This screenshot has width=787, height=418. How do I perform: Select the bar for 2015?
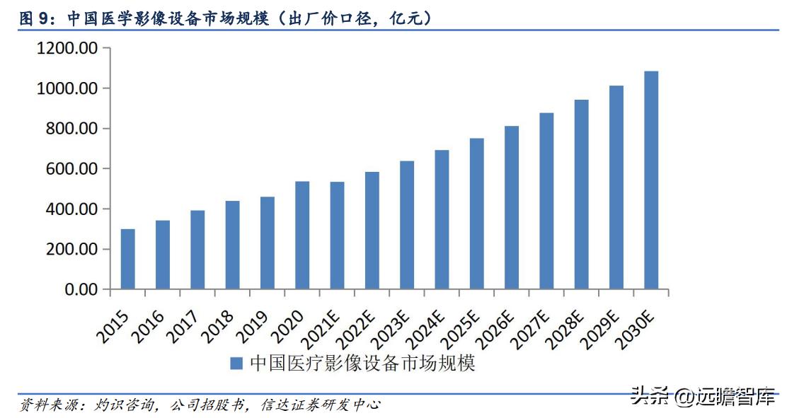[x=127, y=259]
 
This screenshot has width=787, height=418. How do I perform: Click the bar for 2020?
[x=302, y=236]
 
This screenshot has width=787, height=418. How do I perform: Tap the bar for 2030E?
[x=651, y=180]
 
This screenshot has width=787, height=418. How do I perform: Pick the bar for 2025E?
[x=476, y=214]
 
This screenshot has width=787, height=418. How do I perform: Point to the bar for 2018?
[x=232, y=245]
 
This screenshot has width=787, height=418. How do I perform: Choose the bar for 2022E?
[x=372, y=231]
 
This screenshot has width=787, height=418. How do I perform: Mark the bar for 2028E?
[x=581, y=195]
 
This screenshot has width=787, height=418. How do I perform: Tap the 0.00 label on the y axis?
[x=81, y=289]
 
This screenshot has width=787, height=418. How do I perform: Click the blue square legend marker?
[x=236, y=364]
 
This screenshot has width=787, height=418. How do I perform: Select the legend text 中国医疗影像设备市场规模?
[x=362, y=364]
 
